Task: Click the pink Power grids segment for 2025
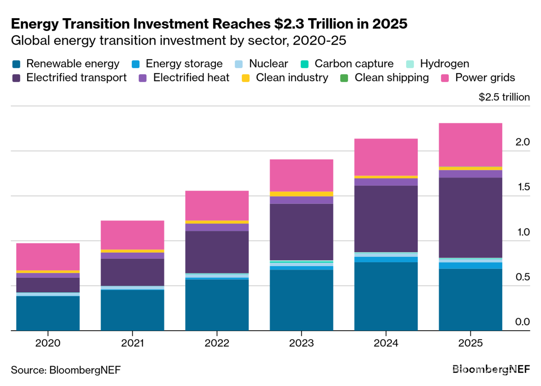(x=470, y=145)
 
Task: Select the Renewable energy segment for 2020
(x=48, y=313)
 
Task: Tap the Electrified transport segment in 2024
(x=386, y=219)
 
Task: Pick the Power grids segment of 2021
(x=132, y=235)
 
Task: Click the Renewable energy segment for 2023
(x=301, y=300)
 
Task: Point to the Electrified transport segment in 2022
(x=217, y=252)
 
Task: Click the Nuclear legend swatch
(x=239, y=64)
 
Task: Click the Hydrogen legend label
(x=445, y=64)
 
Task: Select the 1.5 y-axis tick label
(x=522, y=187)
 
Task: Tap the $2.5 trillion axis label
(x=504, y=97)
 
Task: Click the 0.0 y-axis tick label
(x=522, y=322)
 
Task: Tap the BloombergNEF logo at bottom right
(x=491, y=370)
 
